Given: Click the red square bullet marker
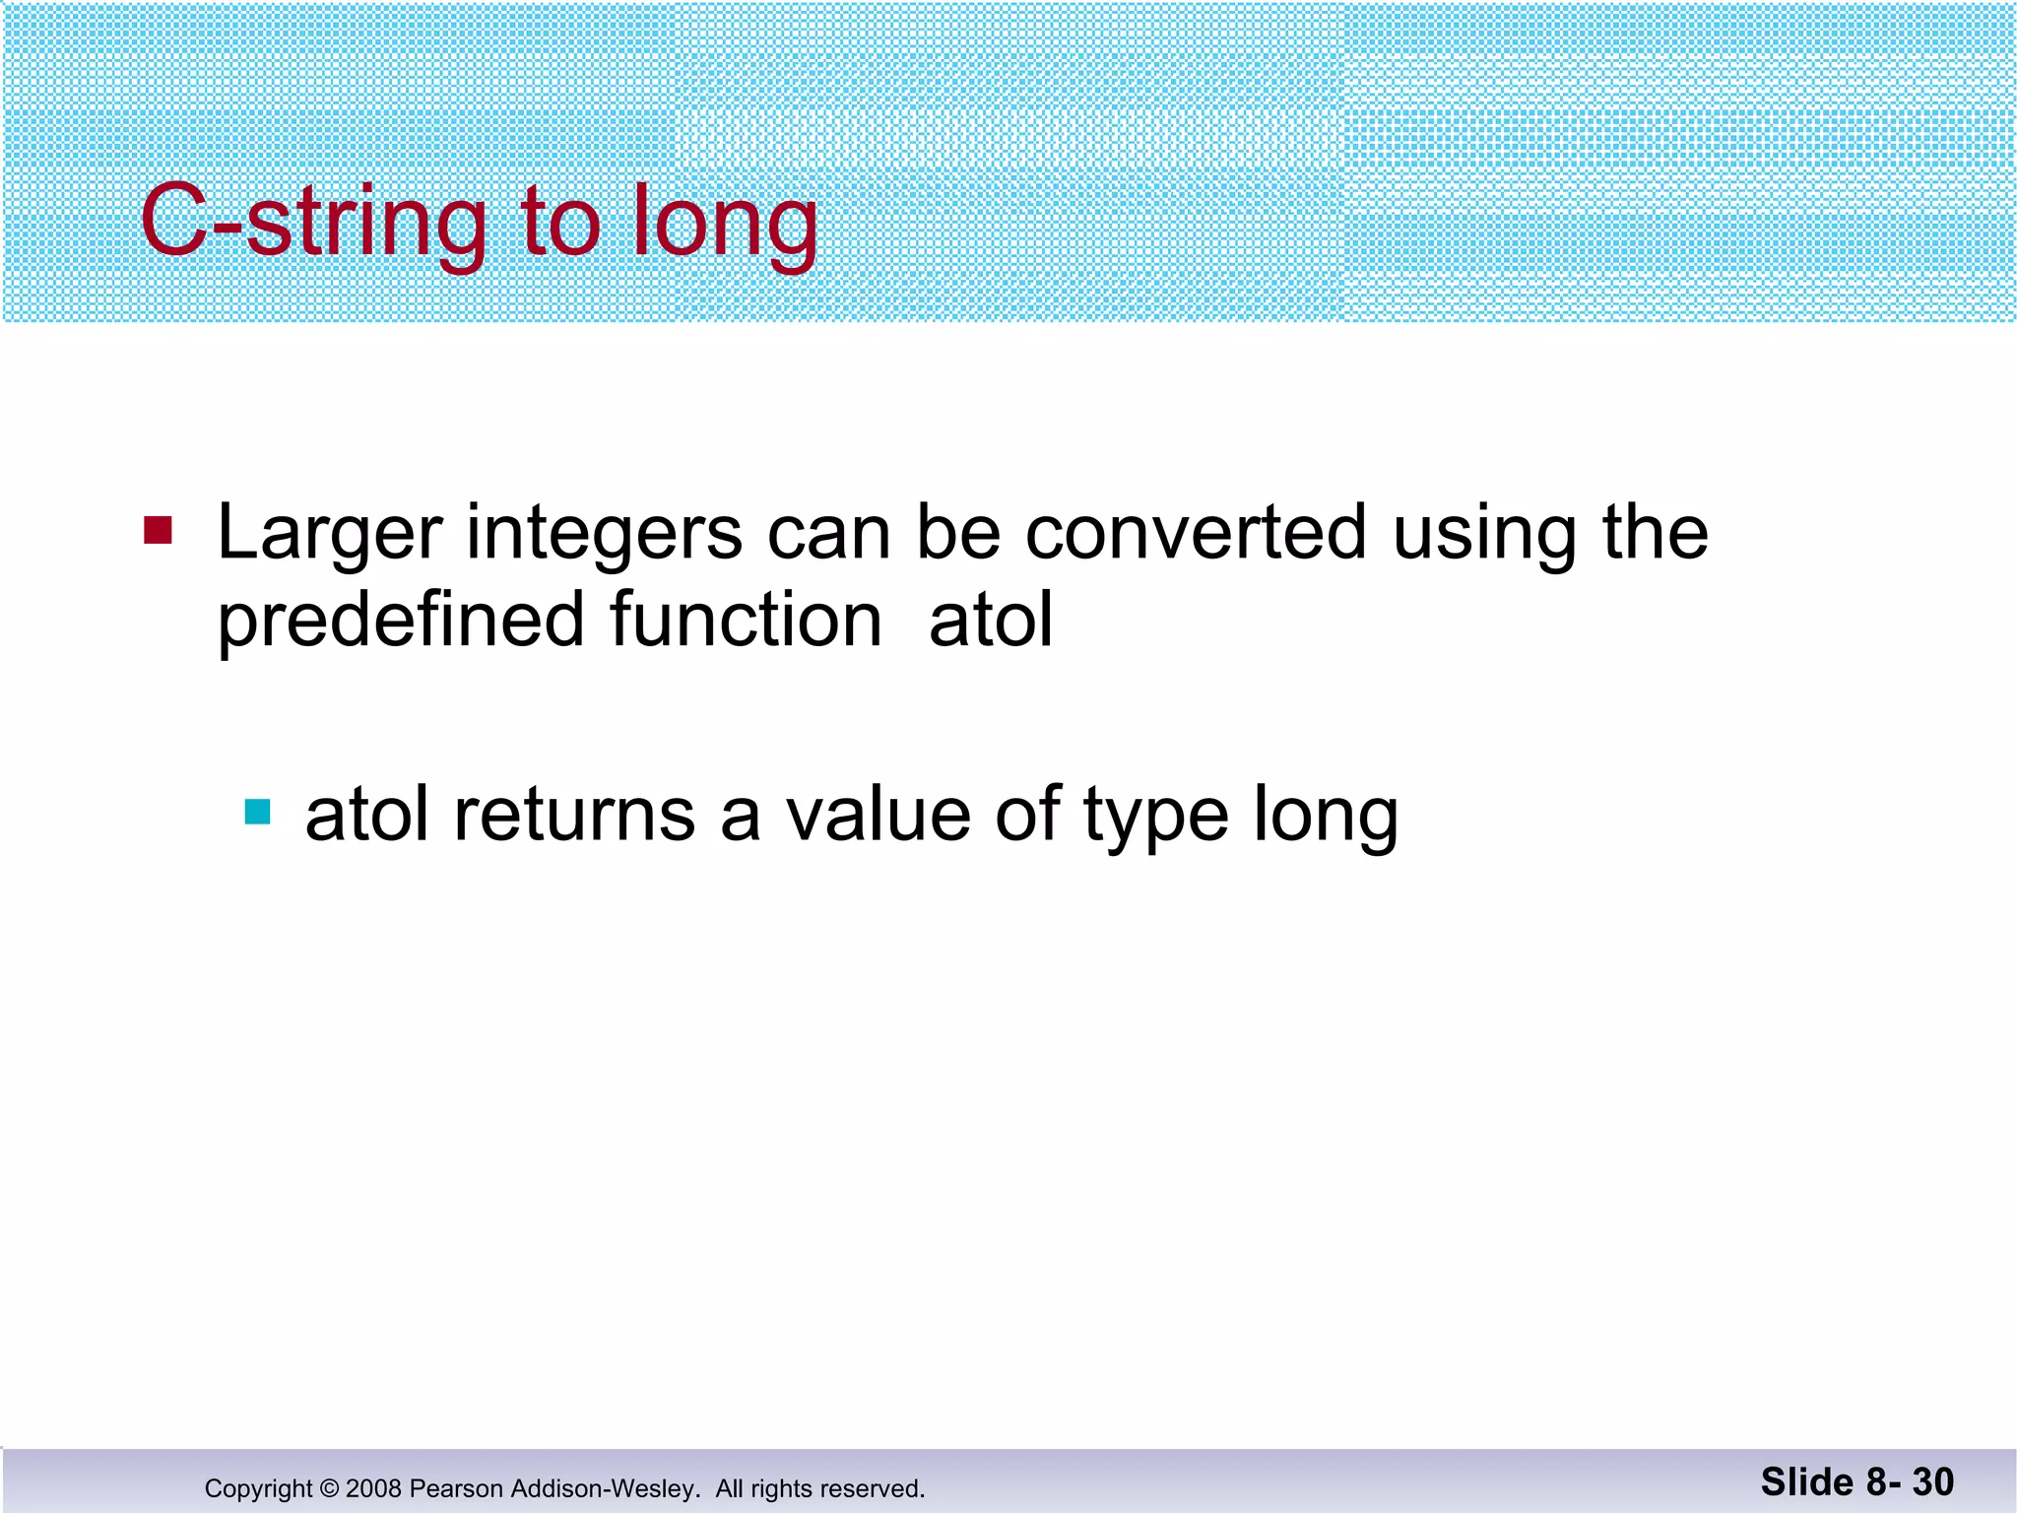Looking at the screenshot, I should coord(158,530).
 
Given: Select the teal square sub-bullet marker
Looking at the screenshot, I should coord(257,812).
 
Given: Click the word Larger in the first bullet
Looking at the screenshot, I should coord(329,534).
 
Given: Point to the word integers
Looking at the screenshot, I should coord(604,534).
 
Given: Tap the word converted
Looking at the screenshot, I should coord(1196,532).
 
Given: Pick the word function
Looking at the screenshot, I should coord(746,621).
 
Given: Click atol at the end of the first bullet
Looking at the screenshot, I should coord(991,621).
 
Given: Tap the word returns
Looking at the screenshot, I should coord(574,815).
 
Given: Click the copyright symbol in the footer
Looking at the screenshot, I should coord(329,1488).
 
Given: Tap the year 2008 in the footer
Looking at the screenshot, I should coord(373,1488).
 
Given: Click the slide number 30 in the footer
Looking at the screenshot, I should coord(1932,1482).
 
